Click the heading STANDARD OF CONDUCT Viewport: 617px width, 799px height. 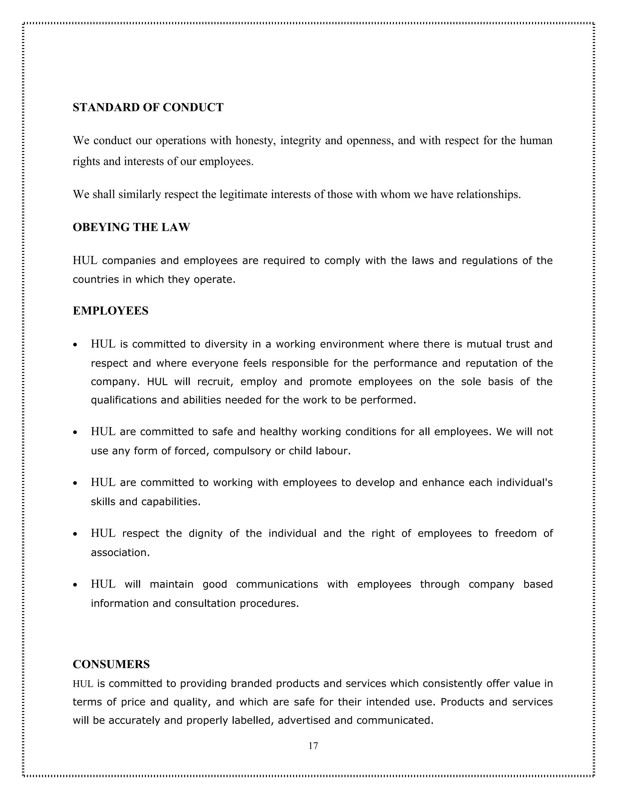(x=148, y=107)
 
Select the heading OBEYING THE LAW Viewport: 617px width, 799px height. (x=131, y=227)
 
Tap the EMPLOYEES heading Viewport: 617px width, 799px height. (x=110, y=311)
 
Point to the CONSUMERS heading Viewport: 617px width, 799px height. (x=111, y=664)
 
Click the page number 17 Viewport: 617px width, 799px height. (x=313, y=746)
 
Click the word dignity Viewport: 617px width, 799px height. (x=205, y=533)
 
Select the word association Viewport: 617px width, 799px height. (x=120, y=552)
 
